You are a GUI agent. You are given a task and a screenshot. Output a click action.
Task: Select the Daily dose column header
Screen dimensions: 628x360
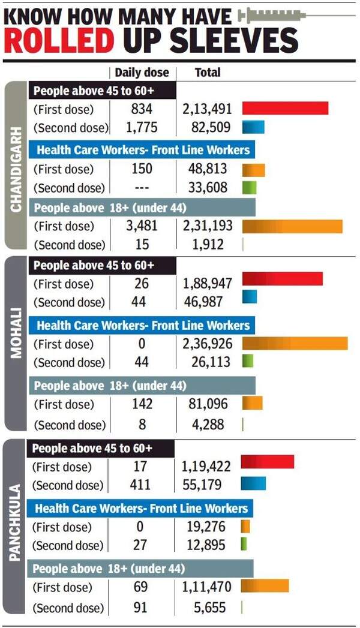pos(142,73)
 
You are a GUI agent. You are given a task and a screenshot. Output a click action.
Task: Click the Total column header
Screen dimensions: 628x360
pos(208,73)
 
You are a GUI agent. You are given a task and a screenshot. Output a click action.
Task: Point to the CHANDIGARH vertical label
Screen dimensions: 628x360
pos(16,169)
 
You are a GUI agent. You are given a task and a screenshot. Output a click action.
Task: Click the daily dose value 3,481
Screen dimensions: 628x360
pos(142,226)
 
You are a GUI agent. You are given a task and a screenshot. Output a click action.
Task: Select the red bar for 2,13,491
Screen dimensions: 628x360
pos(285,109)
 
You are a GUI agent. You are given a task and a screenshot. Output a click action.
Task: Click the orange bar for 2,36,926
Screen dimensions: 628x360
pos(295,344)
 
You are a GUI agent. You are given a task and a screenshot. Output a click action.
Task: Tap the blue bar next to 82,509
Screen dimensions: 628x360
pos(253,127)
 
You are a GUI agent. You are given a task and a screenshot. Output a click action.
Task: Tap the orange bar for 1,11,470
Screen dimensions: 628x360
pos(265,586)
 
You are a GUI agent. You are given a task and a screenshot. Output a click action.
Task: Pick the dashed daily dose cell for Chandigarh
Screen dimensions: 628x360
pos(142,188)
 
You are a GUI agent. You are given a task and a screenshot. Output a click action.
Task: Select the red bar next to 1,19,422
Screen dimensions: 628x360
pos(268,462)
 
